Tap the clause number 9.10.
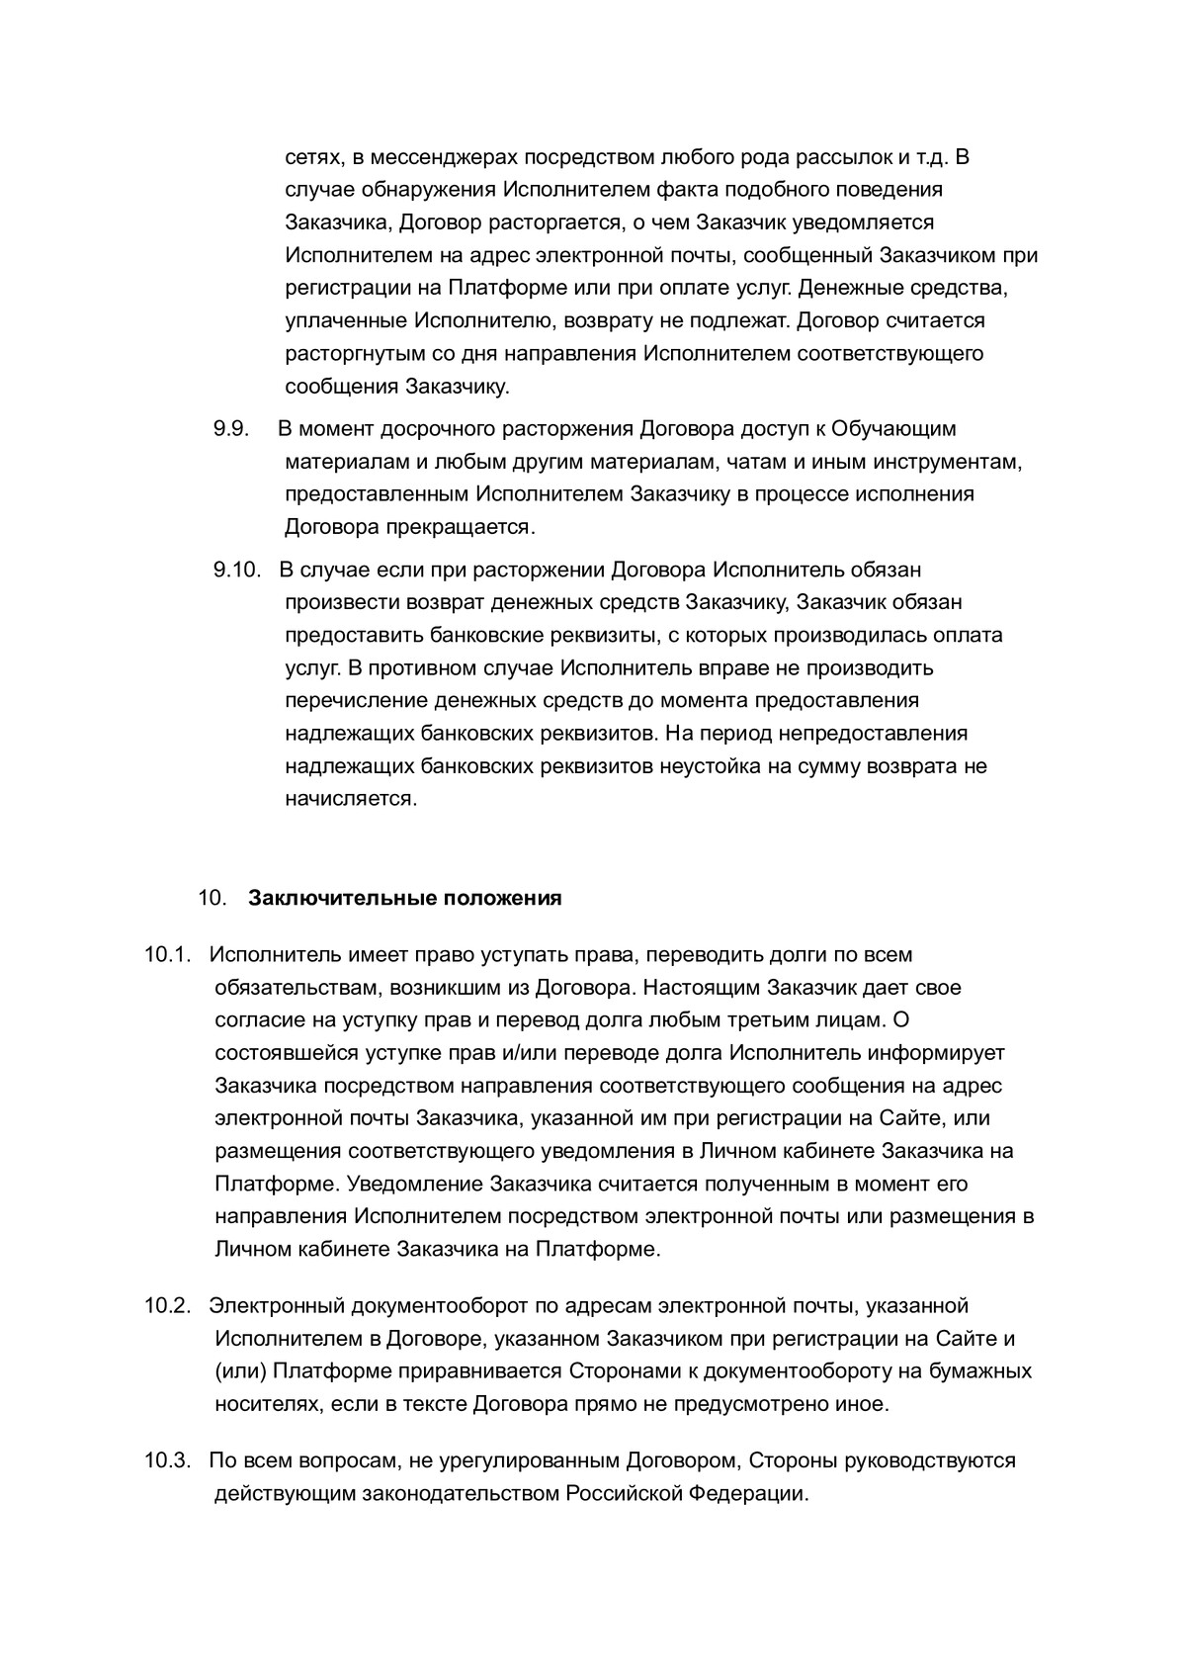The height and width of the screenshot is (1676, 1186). (235, 570)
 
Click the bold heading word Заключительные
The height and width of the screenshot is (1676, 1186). (342, 898)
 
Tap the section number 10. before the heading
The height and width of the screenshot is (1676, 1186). (212, 898)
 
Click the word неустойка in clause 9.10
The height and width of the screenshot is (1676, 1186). (707, 766)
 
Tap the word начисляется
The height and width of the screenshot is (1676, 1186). (351, 799)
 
